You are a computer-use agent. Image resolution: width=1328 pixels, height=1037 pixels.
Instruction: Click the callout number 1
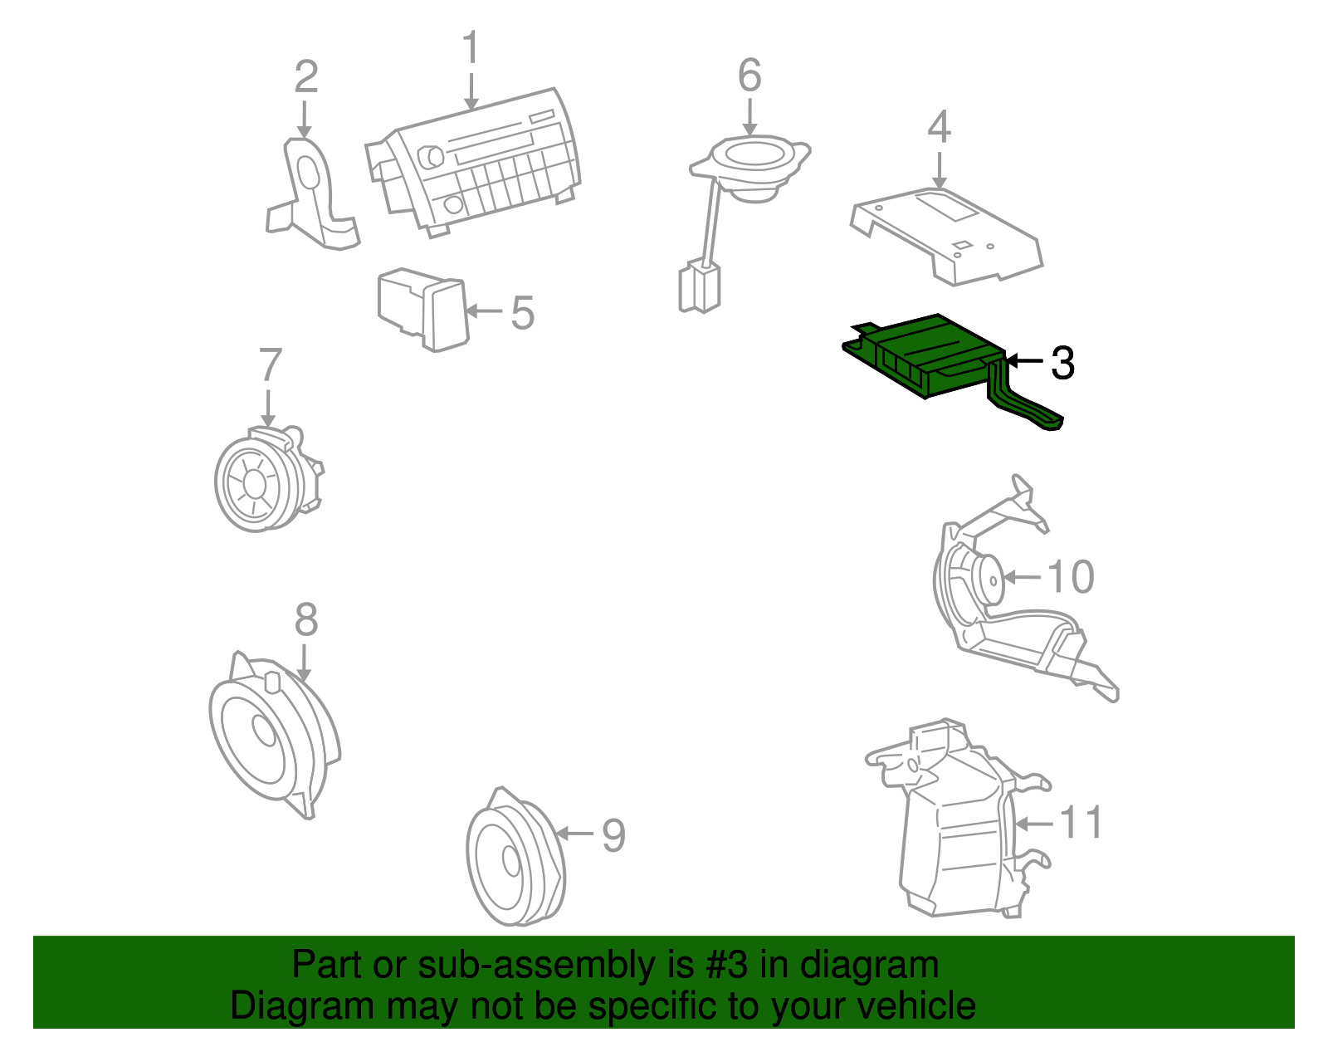click(x=471, y=47)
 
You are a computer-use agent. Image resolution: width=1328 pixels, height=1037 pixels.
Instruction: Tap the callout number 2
click(x=306, y=76)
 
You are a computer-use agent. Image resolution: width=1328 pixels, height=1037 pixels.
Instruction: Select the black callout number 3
click(x=1062, y=363)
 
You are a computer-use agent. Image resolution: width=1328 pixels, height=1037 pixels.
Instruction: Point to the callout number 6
click(x=749, y=75)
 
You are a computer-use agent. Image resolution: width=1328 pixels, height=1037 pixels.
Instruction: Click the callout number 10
click(x=1071, y=577)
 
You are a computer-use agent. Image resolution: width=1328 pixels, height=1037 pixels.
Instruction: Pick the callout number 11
click(x=1081, y=823)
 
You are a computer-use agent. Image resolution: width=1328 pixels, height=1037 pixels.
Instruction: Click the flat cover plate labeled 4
click(x=946, y=235)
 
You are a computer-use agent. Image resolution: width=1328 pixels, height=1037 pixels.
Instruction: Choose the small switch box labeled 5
click(x=423, y=309)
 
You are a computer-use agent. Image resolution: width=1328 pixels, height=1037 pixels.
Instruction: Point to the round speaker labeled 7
click(x=268, y=479)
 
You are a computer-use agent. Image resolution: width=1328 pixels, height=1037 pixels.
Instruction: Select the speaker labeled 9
click(x=515, y=857)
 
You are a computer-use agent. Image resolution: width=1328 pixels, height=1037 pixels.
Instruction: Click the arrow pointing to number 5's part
click(x=485, y=311)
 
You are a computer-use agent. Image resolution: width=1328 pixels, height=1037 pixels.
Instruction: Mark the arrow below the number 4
click(x=940, y=170)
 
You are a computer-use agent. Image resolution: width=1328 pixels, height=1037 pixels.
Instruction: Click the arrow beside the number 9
click(x=575, y=834)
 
